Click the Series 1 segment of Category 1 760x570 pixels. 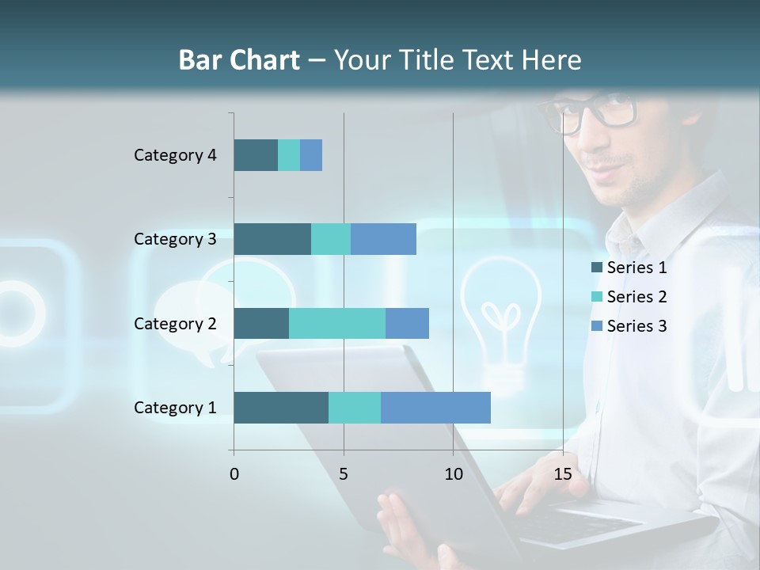coord(281,408)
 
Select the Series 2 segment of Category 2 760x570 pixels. coord(337,323)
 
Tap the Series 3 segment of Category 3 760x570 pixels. coord(383,239)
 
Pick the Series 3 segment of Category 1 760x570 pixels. coord(435,408)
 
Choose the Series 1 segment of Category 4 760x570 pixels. coord(256,155)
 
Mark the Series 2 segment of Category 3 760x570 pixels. coord(331,239)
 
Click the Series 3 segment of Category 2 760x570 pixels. coord(407,323)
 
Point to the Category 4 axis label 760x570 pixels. coord(175,155)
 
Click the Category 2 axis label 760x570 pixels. coord(175,324)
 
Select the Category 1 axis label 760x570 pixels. coord(175,408)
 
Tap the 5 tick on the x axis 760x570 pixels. coord(344,474)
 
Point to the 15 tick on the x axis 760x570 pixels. coord(562,474)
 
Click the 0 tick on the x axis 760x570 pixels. coord(234,474)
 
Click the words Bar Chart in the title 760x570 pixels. coord(239,60)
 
